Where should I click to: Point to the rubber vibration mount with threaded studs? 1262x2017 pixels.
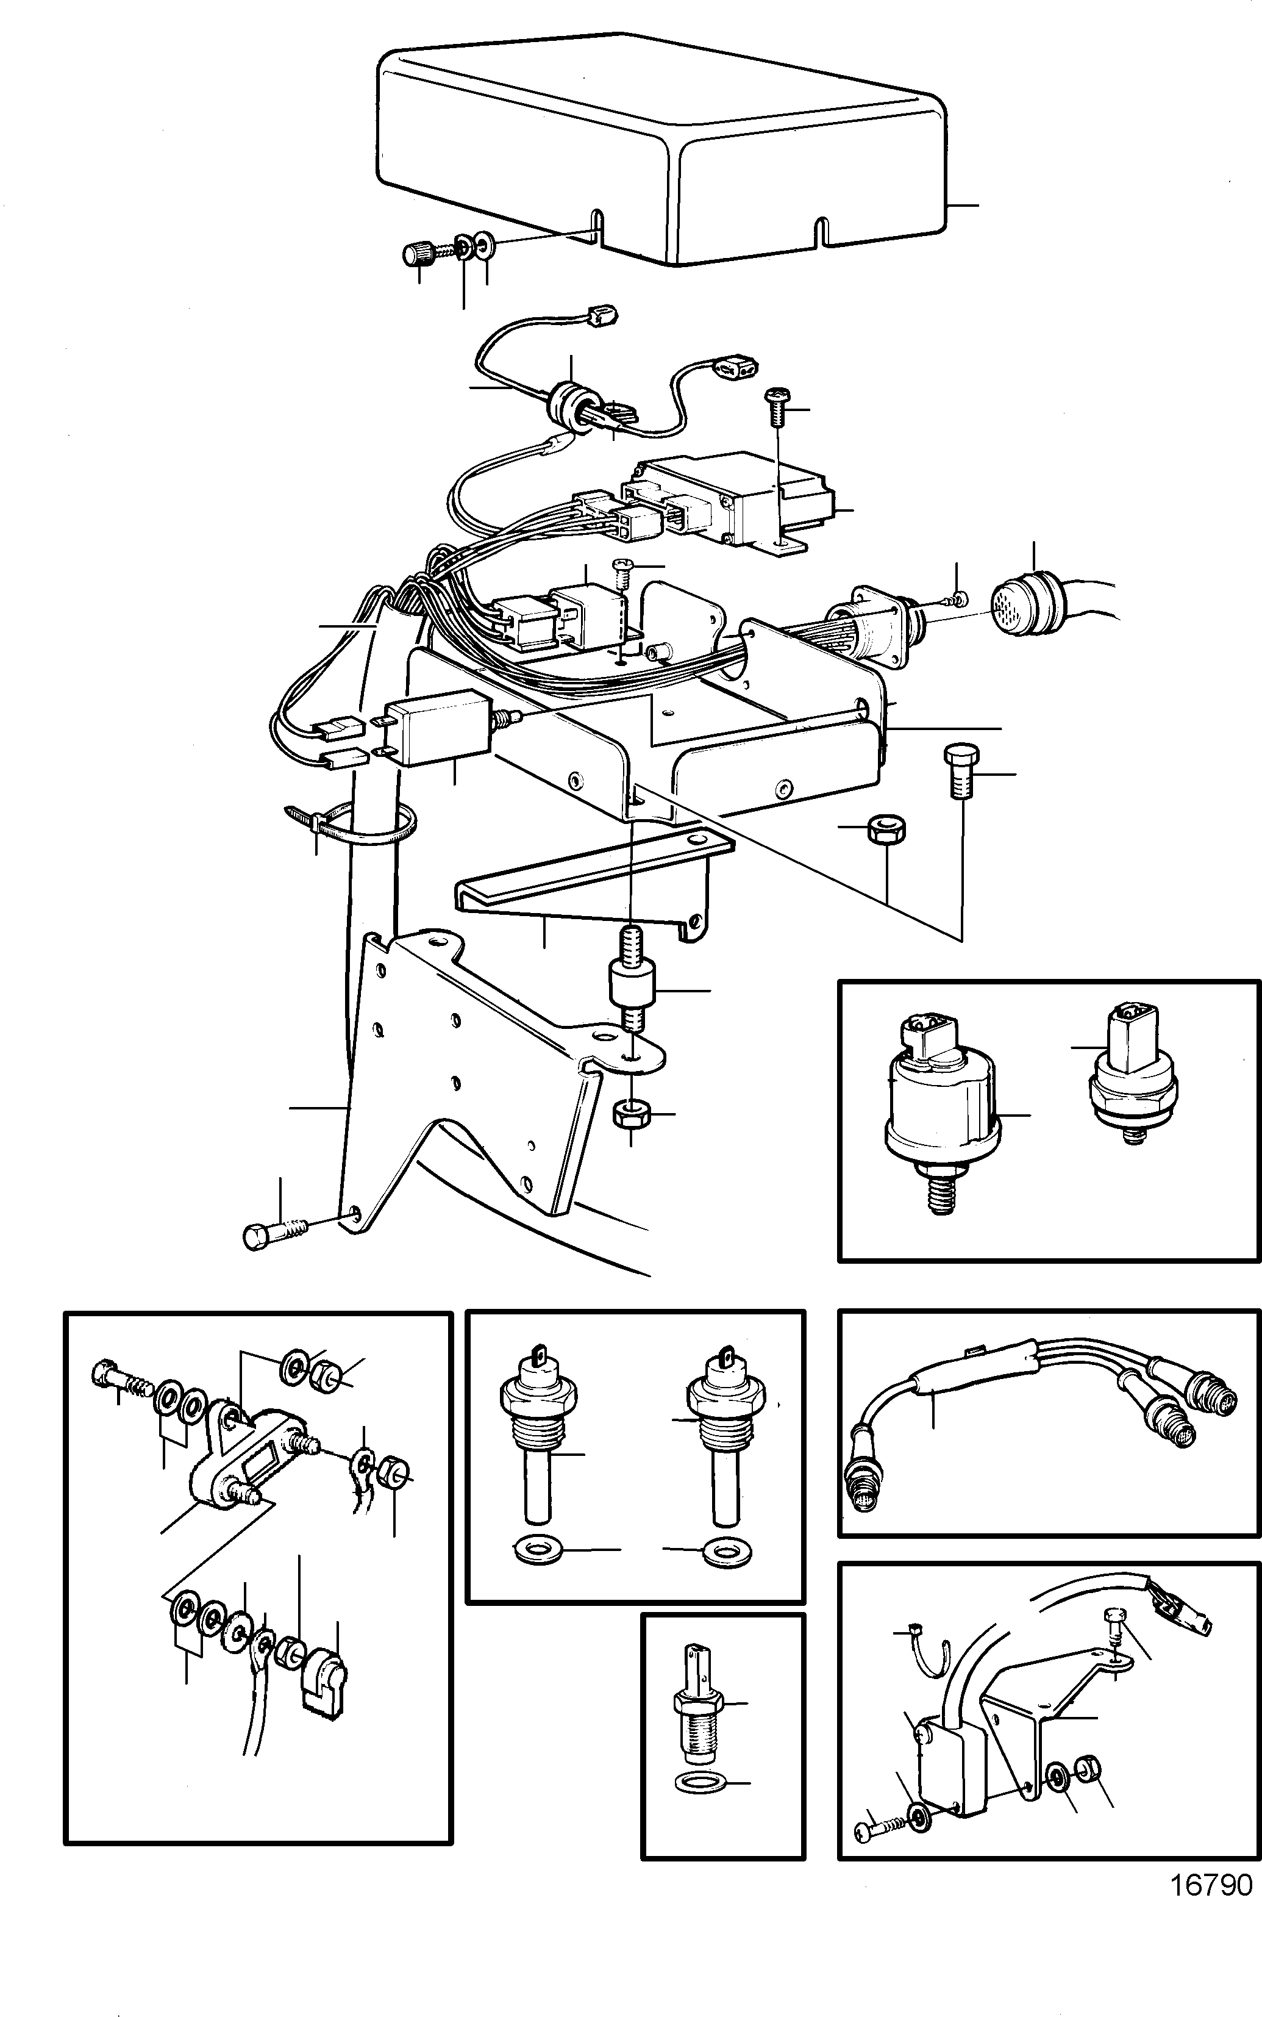tap(632, 989)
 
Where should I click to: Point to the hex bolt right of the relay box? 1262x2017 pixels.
tap(958, 770)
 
